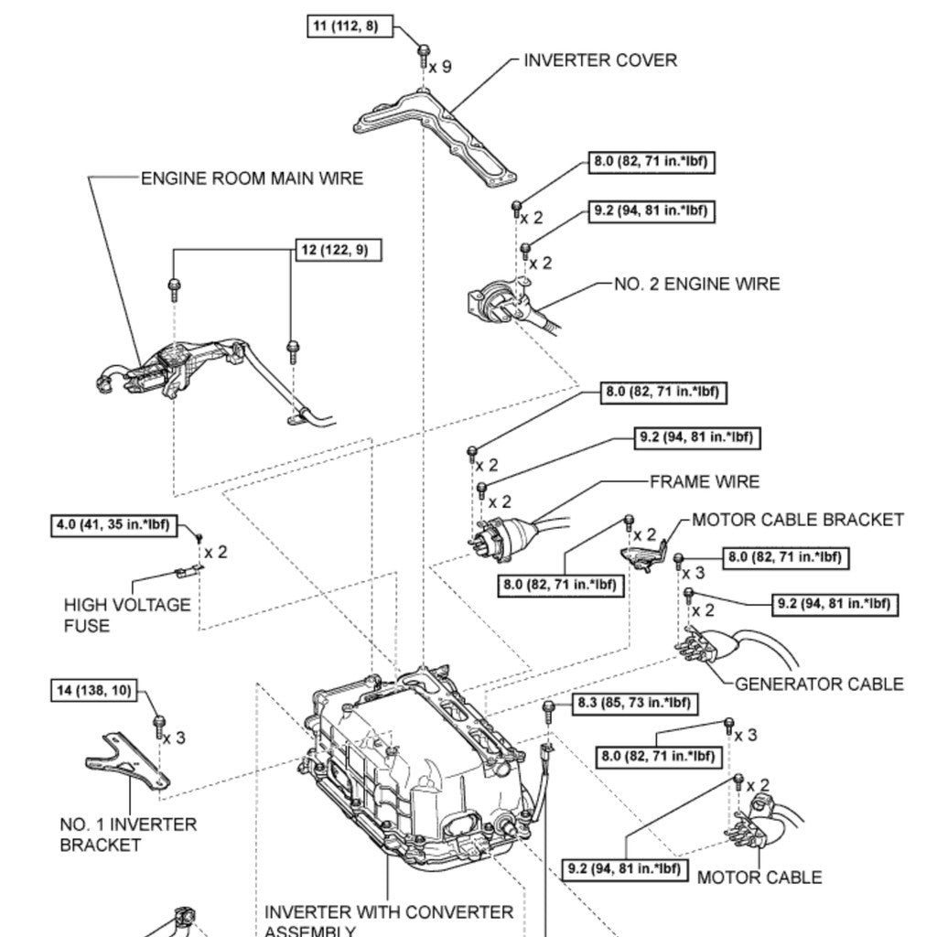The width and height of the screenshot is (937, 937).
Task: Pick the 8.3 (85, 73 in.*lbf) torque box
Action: pos(632,704)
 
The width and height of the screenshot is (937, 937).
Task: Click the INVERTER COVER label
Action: pos(600,60)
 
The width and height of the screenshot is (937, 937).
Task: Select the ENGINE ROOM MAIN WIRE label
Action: pos(252,178)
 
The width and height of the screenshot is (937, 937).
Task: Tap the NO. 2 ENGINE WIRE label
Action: pos(696,284)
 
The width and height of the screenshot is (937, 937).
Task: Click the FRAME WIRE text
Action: pos(704,481)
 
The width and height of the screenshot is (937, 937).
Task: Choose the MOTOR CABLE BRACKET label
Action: pos(797,520)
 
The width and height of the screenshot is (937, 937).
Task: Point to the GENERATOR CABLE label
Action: pos(819,684)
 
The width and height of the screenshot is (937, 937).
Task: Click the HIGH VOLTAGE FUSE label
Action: pos(127,615)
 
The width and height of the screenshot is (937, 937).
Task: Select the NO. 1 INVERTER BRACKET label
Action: pos(128,834)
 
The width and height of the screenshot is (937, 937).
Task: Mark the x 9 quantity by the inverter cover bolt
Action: pos(441,67)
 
